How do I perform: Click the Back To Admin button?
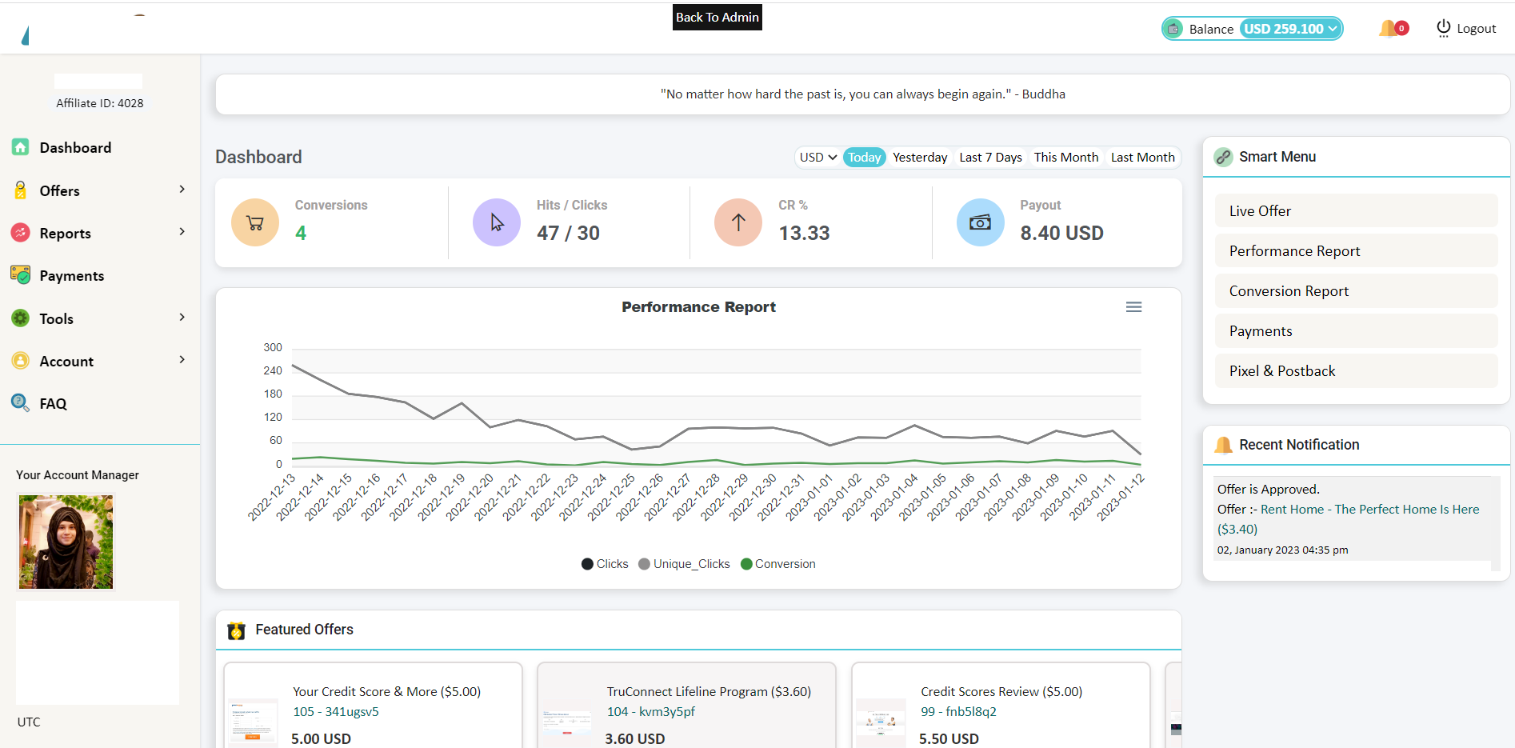[x=717, y=17]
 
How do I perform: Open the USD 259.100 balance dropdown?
[x=1290, y=29]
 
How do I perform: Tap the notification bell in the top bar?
[x=1389, y=29]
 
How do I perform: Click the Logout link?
[x=1466, y=29]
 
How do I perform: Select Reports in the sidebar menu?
[x=65, y=234]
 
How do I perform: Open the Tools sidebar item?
[x=56, y=319]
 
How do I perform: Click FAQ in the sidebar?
[x=53, y=404]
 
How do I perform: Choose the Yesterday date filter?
[x=920, y=158]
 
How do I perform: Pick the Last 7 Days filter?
[x=990, y=158]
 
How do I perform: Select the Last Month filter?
[x=1142, y=158]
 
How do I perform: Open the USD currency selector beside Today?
[x=817, y=158]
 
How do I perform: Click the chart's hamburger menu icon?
[x=1133, y=307]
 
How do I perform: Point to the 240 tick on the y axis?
[x=273, y=370]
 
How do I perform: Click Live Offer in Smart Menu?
[x=1260, y=211]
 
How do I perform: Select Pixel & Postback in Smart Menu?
[x=1282, y=371]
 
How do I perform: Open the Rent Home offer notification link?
[x=1369, y=510]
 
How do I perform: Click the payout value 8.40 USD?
[x=1061, y=233]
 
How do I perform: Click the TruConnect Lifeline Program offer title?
[x=708, y=692]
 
